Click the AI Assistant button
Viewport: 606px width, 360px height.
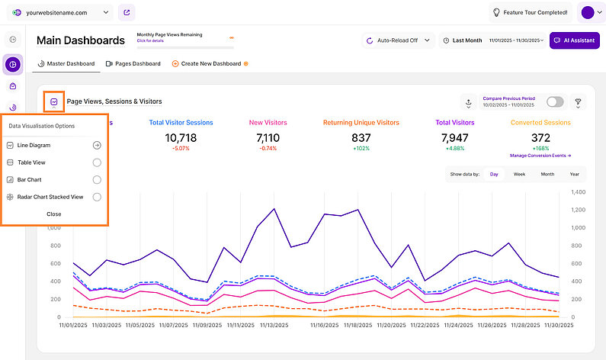[574, 40]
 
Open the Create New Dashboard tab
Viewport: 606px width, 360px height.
[210, 63]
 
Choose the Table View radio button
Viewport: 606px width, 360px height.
[97, 162]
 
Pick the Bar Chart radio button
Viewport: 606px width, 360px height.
[97, 180]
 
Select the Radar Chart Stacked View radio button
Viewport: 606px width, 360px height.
[97, 197]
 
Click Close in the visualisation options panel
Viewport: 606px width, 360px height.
[54, 214]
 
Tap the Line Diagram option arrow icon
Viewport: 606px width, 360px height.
[97, 145]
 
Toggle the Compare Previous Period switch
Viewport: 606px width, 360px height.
[555, 101]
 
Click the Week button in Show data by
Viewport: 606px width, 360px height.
[519, 175]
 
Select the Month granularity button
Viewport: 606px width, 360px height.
[547, 175]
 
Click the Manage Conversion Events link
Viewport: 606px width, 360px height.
[540, 155]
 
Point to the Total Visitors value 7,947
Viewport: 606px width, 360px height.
[454, 137]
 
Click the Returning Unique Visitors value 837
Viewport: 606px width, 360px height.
[361, 137]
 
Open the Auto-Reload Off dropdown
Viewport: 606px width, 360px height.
[397, 40]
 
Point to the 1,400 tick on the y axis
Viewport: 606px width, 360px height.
[576, 192]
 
